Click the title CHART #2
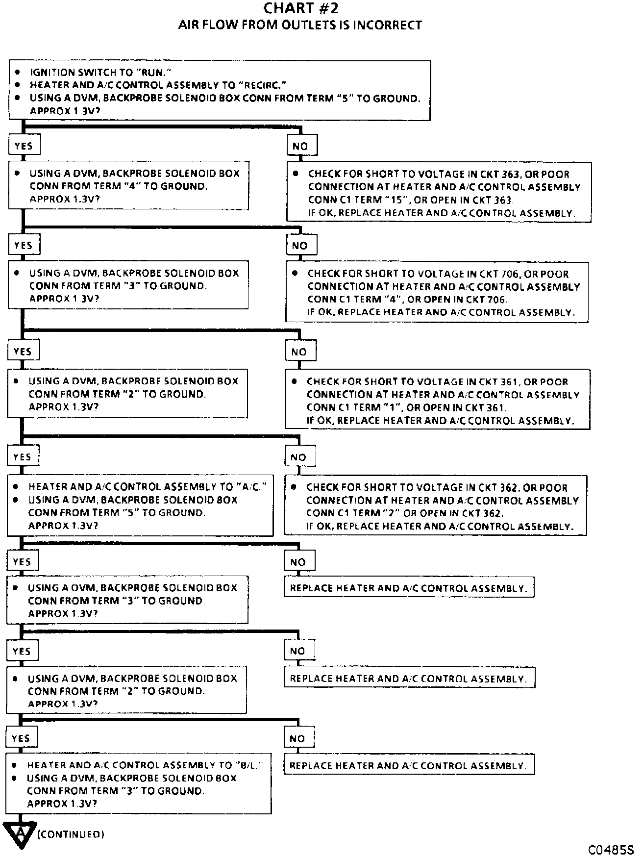300,8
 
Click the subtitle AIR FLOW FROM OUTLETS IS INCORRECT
300,25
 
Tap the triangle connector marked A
20,833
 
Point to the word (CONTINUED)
71,834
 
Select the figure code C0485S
611,849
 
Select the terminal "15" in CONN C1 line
401,200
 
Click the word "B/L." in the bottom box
249,765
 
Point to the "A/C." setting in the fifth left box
252,487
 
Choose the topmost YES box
24,146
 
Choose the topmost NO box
300,146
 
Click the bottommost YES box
21,738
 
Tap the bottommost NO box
297,738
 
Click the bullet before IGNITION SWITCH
17,72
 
